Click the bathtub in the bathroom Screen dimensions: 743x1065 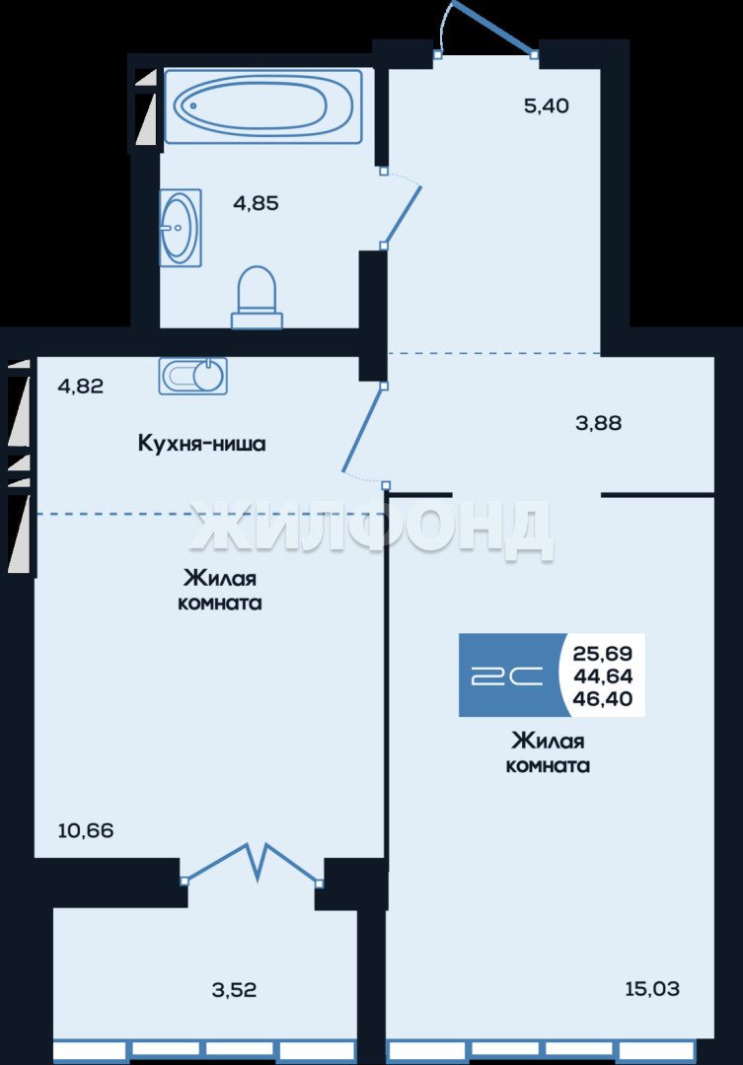pyautogui.click(x=263, y=106)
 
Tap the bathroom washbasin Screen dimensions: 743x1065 pyautogui.click(x=181, y=228)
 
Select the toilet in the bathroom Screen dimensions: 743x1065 pyautogui.click(x=257, y=298)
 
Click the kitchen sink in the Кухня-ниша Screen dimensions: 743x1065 pyautogui.click(x=193, y=376)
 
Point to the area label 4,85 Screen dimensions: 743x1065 pyautogui.click(x=256, y=203)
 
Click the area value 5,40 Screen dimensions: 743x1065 pyautogui.click(x=546, y=106)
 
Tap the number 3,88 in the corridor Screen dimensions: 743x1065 pyautogui.click(x=598, y=423)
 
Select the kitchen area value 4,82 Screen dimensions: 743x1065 pyautogui.click(x=81, y=387)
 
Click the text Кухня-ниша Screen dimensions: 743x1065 pyautogui.click(x=202, y=444)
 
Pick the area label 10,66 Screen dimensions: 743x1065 pyautogui.click(x=86, y=830)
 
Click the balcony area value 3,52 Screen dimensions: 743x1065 pyautogui.click(x=235, y=990)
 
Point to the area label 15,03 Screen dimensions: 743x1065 pyautogui.click(x=652, y=988)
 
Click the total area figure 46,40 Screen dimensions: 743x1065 pyautogui.click(x=603, y=698)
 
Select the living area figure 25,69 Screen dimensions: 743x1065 pyautogui.click(x=603, y=654)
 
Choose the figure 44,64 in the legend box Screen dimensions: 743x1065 pyautogui.click(x=603, y=675)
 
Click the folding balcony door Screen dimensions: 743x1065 pyautogui.click(x=252, y=863)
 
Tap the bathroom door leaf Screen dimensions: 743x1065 pyautogui.click(x=403, y=216)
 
